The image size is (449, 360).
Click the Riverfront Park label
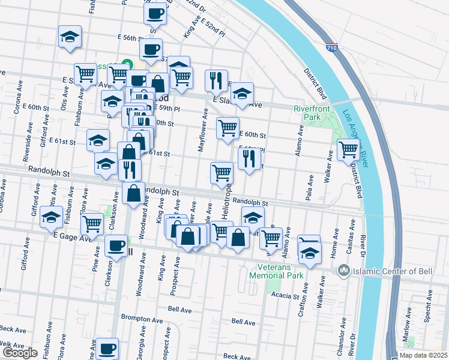[307, 113]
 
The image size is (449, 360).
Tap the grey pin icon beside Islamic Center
[344, 271]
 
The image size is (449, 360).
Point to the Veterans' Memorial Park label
[280, 271]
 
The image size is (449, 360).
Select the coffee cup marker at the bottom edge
[107, 348]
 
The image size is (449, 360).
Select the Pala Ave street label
[310, 188]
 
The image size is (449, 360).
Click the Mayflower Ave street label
[205, 130]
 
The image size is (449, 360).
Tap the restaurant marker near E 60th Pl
[247, 159]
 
